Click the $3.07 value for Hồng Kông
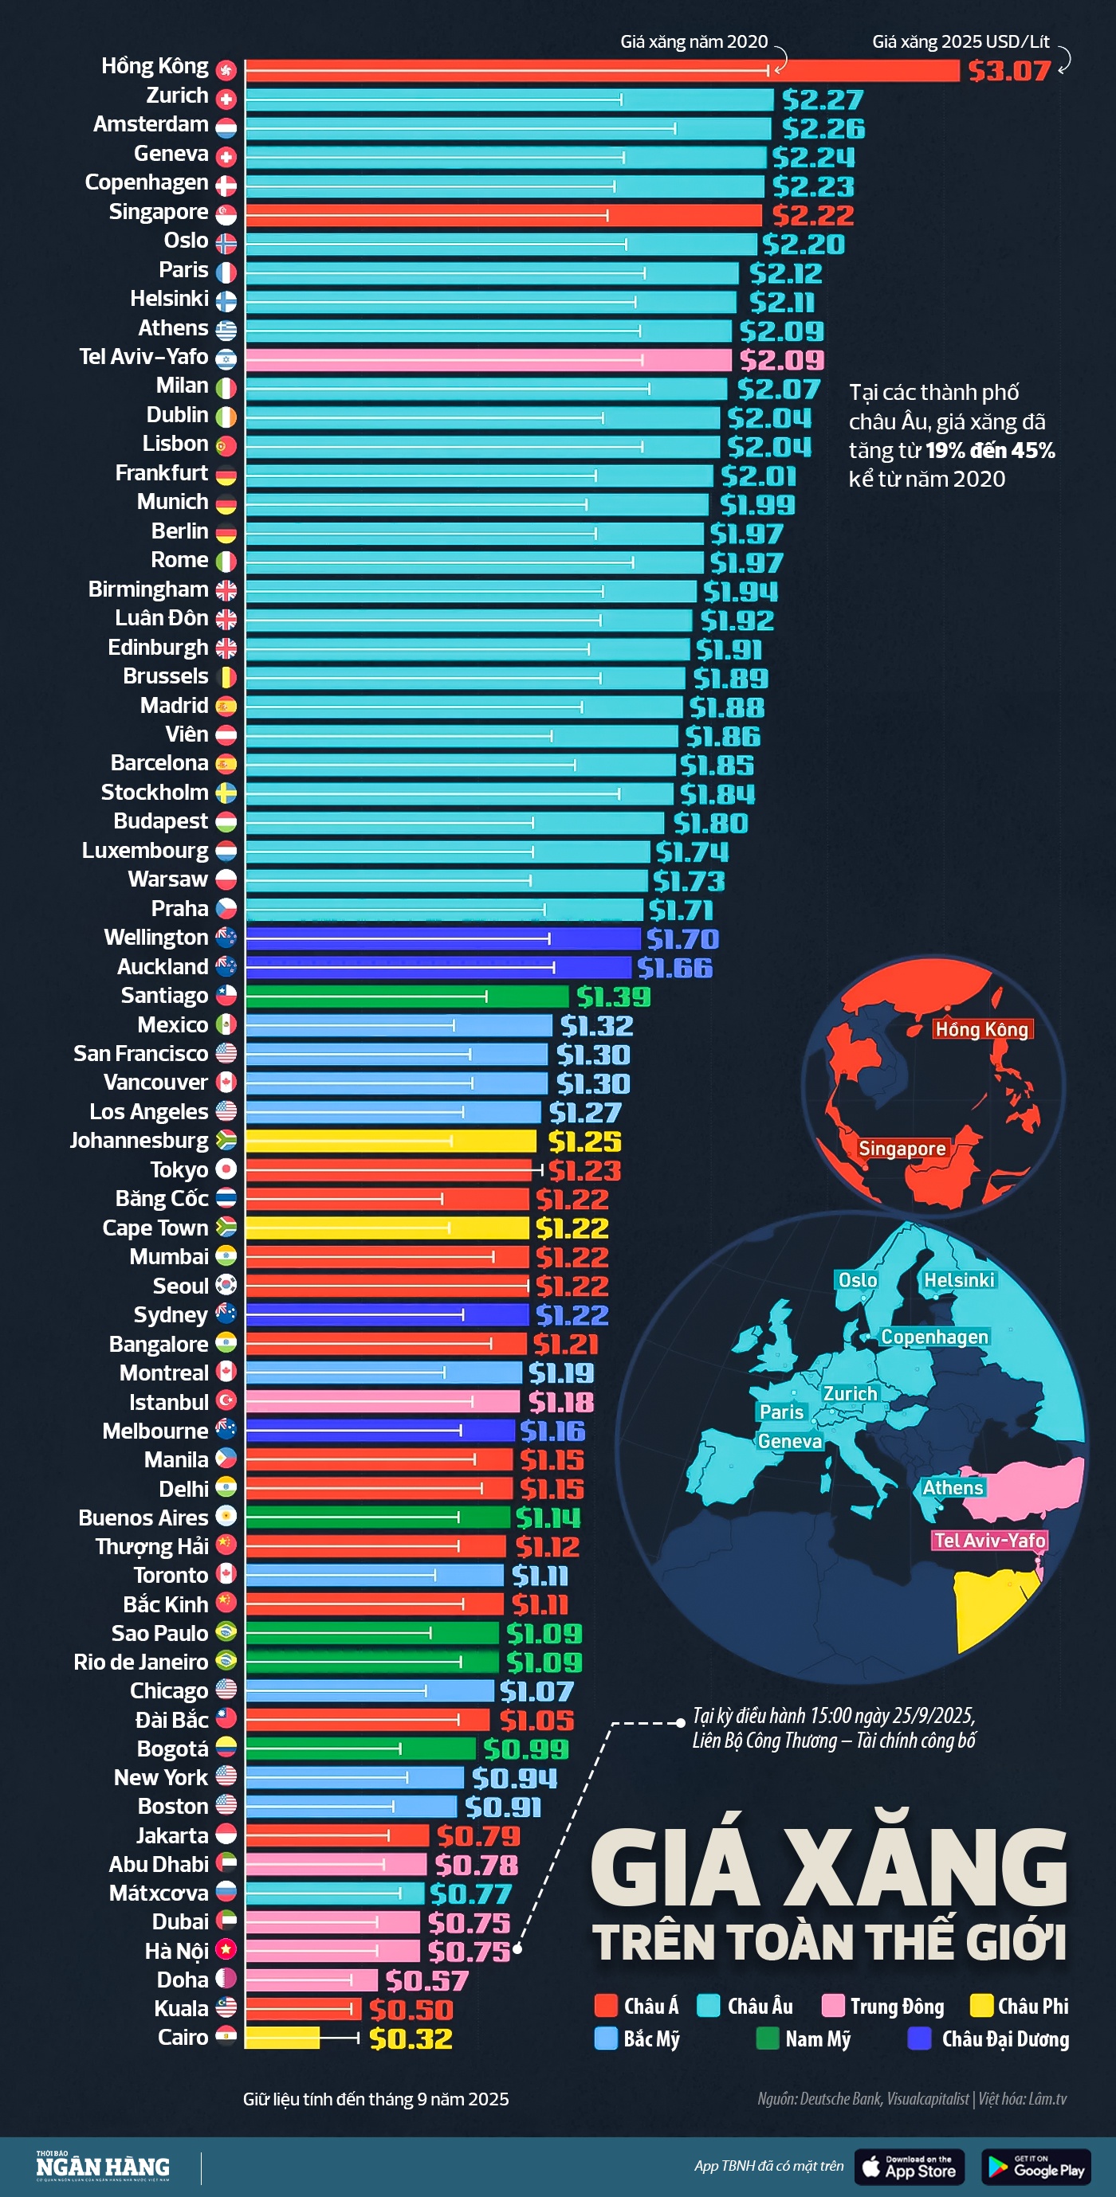point(1008,71)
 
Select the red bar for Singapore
point(503,215)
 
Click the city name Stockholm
point(155,793)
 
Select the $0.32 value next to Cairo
point(411,2038)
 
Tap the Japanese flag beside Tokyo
point(226,1169)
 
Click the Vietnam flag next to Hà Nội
point(226,1951)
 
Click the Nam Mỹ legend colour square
point(767,2038)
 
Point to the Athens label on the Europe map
point(952,1487)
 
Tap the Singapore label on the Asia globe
point(901,1148)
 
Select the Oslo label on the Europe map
point(858,1279)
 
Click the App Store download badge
point(909,2166)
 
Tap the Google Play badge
point(1035,2166)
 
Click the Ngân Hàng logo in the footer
point(102,2166)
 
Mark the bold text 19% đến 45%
point(990,450)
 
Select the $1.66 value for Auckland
point(674,968)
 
